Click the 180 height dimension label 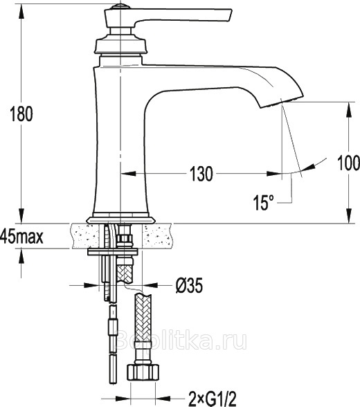click(21, 114)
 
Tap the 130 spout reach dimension click(201, 173)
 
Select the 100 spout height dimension click(348, 163)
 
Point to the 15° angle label click(264, 202)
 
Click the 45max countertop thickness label click(21, 237)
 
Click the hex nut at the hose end click(143, 372)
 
